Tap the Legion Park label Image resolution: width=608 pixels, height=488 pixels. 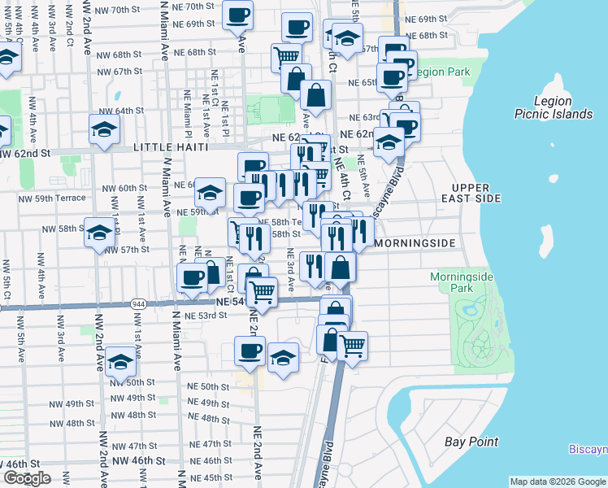(x=442, y=72)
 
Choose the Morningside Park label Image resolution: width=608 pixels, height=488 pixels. (x=461, y=282)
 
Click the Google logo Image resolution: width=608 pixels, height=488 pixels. (x=27, y=477)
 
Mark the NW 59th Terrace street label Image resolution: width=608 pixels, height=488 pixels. (x=53, y=198)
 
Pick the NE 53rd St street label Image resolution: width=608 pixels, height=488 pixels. (x=205, y=316)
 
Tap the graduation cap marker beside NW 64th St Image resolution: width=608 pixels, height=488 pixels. (x=105, y=130)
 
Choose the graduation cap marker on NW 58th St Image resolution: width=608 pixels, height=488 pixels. (x=99, y=233)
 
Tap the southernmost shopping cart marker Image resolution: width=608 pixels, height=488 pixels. (x=352, y=346)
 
